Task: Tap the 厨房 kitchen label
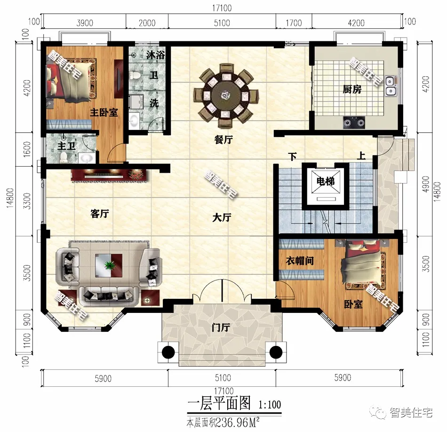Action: pyautogui.click(x=351, y=89)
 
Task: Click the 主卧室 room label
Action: pyautogui.click(x=104, y=112)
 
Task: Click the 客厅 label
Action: pyautogui.click(x=99, y=214)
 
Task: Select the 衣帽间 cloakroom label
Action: pyautogui.click(x=300, y=260)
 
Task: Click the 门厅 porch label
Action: pyautogui.click(x=220, y=328)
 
